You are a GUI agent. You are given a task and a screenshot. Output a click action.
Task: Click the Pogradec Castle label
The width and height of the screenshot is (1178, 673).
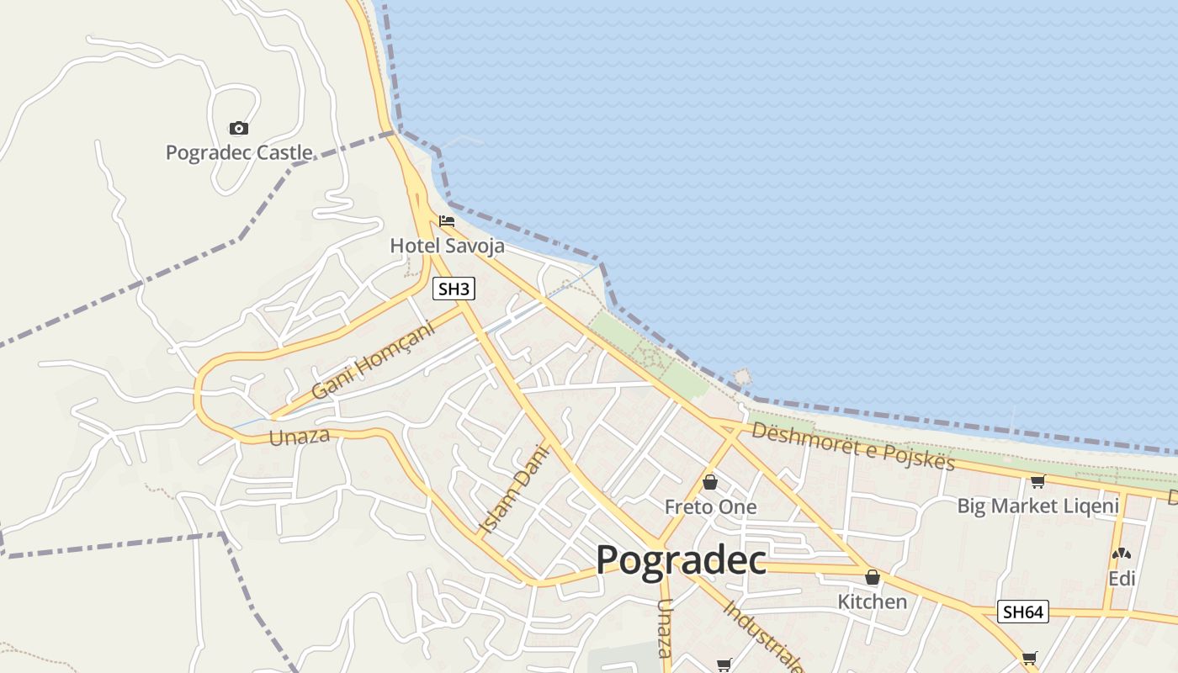(239, 153)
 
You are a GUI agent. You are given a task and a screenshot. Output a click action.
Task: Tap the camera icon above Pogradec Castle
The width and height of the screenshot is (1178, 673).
(239, 128)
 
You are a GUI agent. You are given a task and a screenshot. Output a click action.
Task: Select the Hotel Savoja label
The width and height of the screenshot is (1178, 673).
(447, 246)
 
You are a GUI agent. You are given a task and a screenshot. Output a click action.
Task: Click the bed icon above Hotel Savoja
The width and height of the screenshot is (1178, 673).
(447, 221)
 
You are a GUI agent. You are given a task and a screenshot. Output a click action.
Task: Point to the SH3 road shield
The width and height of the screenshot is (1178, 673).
(454, 289)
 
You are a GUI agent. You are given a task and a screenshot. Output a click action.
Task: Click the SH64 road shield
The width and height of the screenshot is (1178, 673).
(1023, 612)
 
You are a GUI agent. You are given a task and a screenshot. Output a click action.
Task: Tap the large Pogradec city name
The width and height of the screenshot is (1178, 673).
(681, 560)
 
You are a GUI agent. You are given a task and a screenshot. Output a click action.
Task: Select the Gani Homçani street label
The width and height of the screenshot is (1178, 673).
(373, 361)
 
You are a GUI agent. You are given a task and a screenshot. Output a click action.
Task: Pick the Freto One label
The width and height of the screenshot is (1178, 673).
(710, 506)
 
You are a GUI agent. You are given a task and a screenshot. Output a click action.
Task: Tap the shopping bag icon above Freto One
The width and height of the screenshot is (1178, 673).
(710, 482)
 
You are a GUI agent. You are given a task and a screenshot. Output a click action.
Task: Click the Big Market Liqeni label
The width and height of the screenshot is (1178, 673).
(1038, 506)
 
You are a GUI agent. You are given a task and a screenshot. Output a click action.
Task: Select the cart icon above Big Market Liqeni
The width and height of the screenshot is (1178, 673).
(1037, 482)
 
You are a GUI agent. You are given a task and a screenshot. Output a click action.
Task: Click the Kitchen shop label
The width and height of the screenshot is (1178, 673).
(873, 601)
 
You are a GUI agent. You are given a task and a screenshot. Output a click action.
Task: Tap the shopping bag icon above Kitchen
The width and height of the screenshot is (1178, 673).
(873, 577)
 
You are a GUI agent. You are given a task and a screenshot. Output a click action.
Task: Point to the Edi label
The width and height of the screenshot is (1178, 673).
(1122, 579)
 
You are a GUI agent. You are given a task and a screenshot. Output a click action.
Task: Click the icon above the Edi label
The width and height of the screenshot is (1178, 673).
(1122, 554)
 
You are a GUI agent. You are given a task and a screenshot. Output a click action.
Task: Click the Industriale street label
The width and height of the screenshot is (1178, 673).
(762, 636)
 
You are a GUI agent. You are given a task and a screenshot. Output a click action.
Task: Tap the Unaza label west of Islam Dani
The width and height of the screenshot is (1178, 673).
(299, 437)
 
